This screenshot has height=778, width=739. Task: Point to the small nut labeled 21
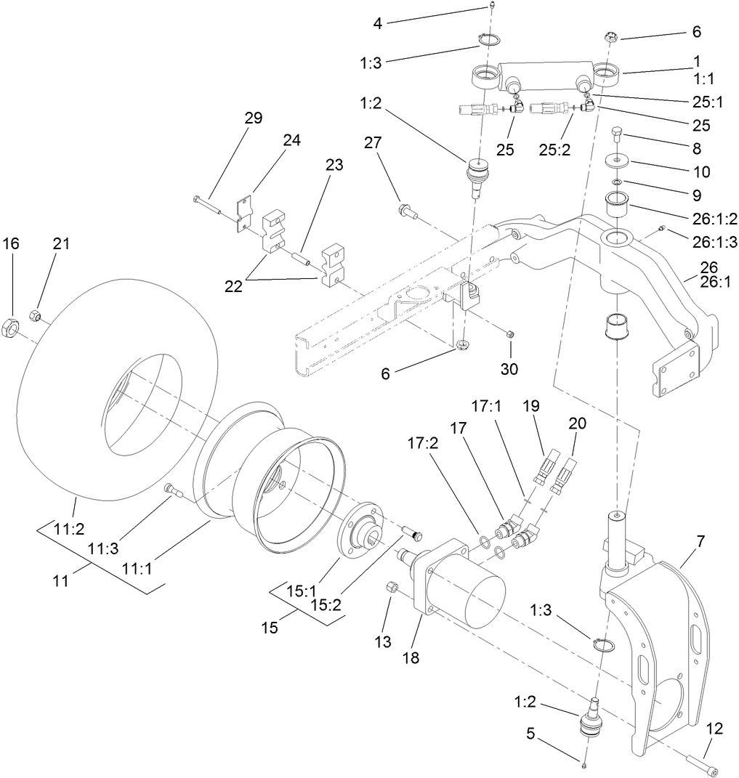pos(33,315)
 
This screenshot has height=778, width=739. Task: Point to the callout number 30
pos(509,368)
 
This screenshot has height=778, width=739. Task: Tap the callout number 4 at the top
pos(377,24)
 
